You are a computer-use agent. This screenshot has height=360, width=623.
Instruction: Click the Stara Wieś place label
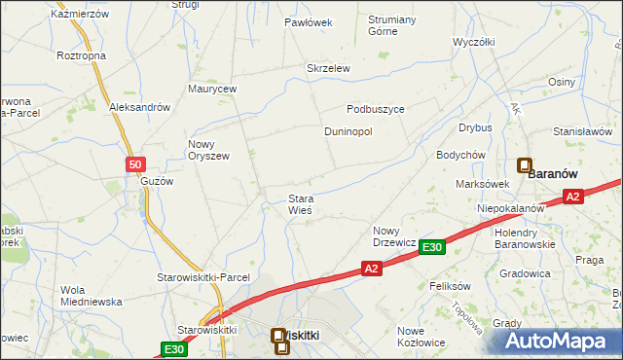(x=299, y=205)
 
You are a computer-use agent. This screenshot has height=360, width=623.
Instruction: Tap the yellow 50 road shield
(x=136, y=165)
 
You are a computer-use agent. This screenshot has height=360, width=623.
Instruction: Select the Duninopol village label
(x=348, y=131)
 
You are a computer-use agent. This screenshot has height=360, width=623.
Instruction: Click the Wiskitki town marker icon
(x=279, y=337)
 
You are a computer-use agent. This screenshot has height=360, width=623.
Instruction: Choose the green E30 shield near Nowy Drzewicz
(x=433, y=248)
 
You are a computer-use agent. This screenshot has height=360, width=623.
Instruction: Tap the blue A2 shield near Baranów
(x=573, y=197)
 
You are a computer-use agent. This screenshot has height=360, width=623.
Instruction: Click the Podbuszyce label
(x=376, y=109)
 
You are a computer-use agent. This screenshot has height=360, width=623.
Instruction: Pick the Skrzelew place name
(x=328, y=68)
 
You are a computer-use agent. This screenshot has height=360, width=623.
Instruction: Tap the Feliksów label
(x=450, y=287)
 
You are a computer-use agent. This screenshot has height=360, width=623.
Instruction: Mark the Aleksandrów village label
(x=140, y=107)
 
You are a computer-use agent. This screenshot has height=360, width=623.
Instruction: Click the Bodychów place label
(x=460, y=155)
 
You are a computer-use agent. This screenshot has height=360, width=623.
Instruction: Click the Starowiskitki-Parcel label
(x=203, y=277)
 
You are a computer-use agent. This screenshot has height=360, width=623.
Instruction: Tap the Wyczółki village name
(x=475, y=43)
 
